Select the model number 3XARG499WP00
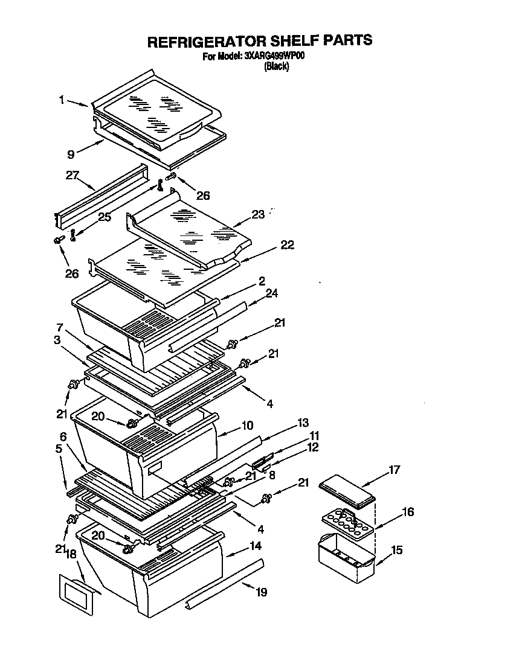coord(275,57)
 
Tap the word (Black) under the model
coord(277,67)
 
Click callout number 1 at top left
coord(62,101)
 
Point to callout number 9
coord(71,155)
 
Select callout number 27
coord(72,176)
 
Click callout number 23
coord(258,214)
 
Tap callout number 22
coord(286,244)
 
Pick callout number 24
coord(271,293)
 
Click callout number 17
coord(394,469)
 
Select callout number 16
coord(408,512)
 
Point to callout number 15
coord(396,551)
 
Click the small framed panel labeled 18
coord(76,595)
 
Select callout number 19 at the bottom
coord(260,592)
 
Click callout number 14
coord(256,547)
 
